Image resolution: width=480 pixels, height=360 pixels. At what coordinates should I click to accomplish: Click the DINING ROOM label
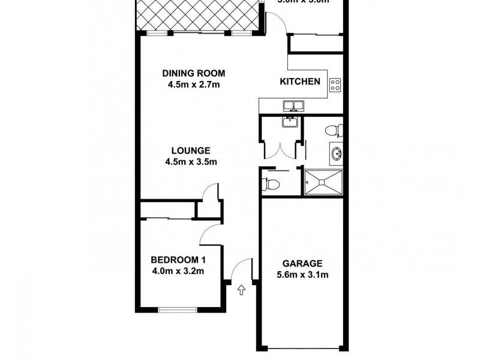[x=193, y=74]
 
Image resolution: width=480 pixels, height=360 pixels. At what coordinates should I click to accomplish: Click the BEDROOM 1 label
[x=178, y=260]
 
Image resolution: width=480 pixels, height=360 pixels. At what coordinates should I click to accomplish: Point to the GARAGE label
[x=302, y=263]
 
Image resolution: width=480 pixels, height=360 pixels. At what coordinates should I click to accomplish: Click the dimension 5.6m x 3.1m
[x=302, y=275]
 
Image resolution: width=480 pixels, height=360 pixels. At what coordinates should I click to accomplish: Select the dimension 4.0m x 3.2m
[x=178, y=271]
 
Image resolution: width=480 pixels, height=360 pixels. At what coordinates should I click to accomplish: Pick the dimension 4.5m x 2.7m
[x=193, y=85]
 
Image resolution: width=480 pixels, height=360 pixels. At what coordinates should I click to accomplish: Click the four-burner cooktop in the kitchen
[x=335, y=86]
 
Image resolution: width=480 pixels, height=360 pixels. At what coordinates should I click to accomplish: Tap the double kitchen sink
[x=293, y=106]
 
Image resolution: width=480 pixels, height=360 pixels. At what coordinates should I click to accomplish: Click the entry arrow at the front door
[x=242, y=291]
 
